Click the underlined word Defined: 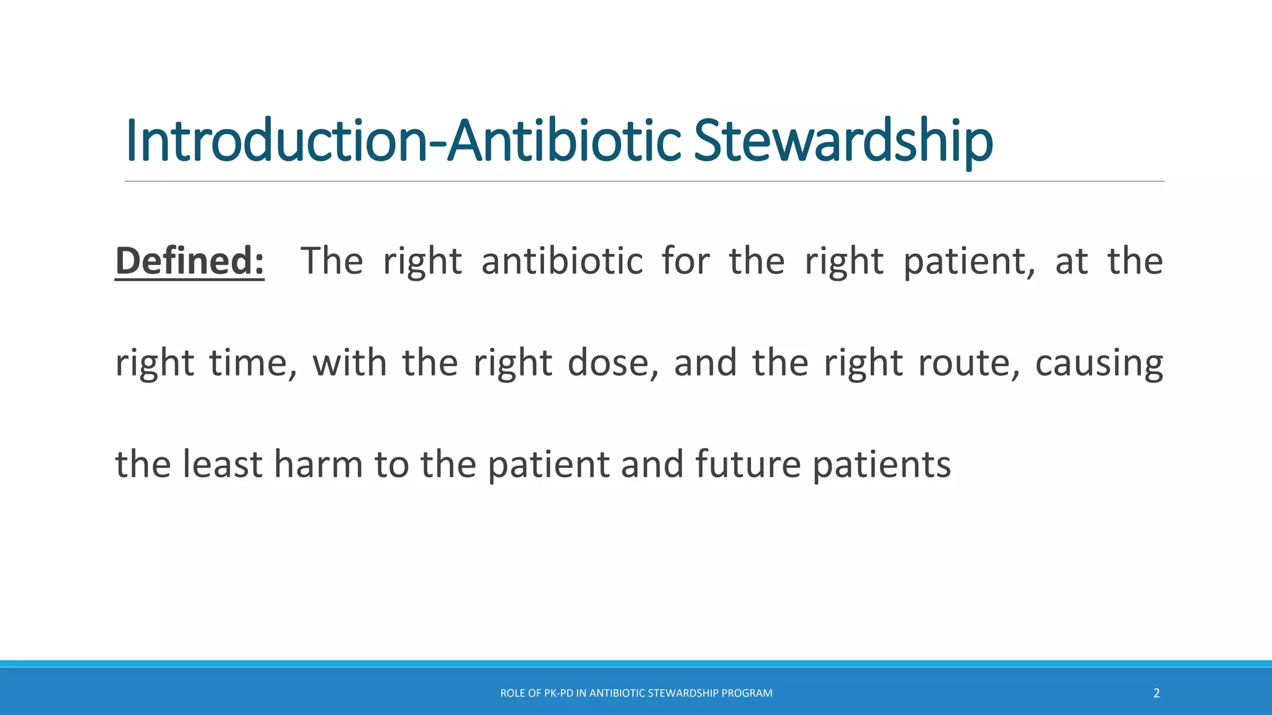[189, 261]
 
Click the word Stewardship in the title [843, 142]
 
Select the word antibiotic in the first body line [562, 261]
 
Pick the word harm [318, 464]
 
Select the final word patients [881, 465]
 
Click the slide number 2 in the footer [1156, 693]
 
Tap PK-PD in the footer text [558, 693]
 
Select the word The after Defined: [332, 261]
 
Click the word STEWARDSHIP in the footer [682, 693]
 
